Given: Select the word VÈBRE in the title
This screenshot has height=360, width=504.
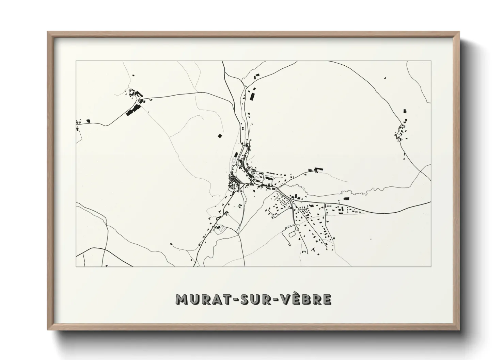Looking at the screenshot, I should tap(304, 300).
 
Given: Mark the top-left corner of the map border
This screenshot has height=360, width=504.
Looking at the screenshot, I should tap(76, 61).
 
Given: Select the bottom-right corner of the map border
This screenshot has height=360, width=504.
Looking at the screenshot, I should tap(431, 266).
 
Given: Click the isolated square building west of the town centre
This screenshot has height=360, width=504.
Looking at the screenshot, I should tap(220, 136).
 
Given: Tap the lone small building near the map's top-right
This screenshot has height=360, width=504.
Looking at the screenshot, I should tap(385, 78).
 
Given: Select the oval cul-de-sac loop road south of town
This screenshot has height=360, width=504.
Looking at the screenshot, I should tap(292, 233).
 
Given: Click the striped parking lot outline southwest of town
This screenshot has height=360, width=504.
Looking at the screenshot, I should tap(220, 230).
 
